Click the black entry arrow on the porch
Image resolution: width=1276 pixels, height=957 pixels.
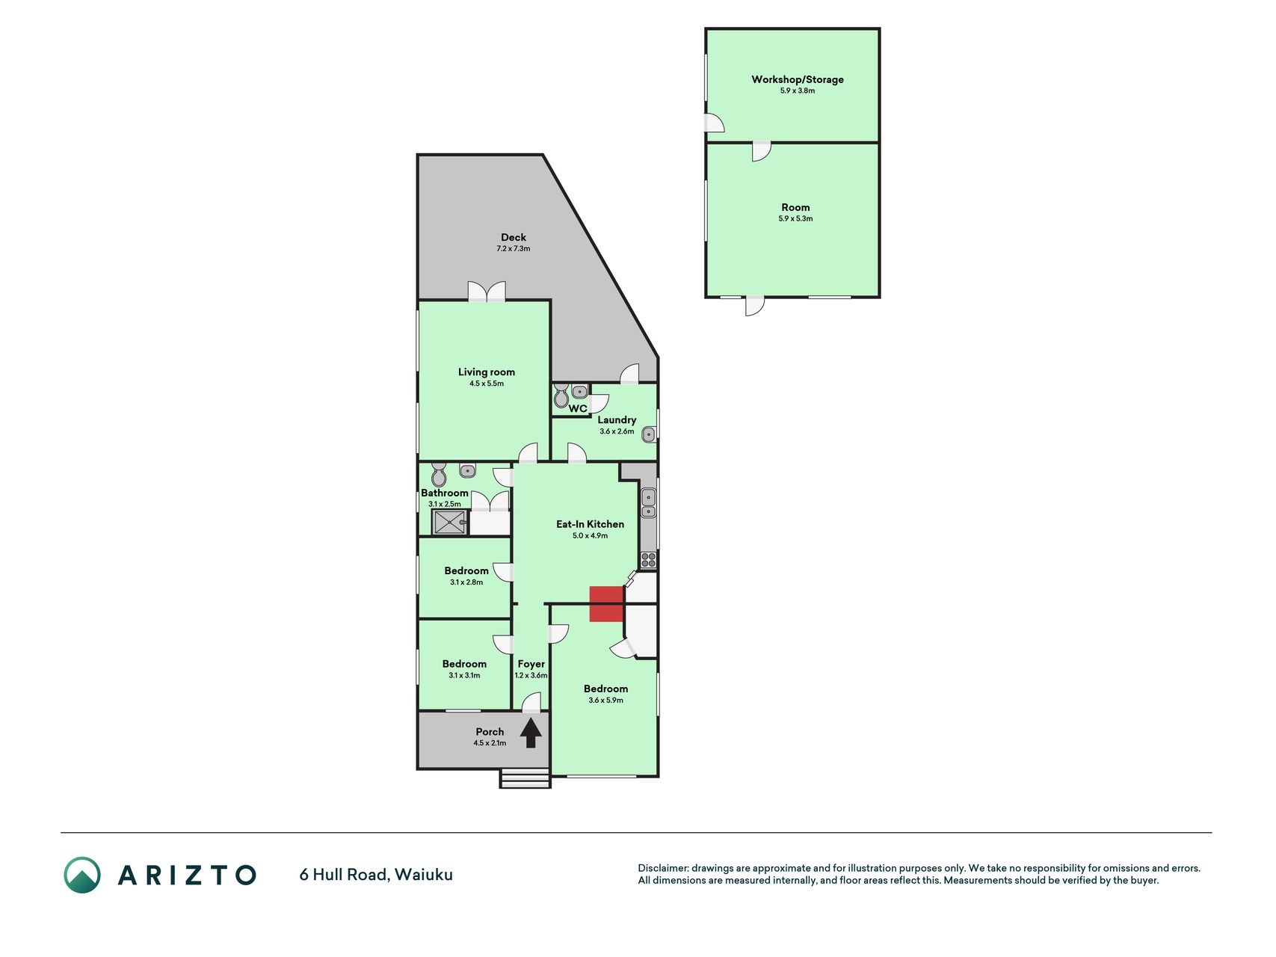click(x=531, y=733)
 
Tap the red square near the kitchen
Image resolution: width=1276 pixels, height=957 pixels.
click(x=606, y=604)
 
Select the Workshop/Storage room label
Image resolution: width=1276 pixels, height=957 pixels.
click(x=798, y=79)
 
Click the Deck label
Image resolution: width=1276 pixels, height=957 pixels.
click(x=514, y=237)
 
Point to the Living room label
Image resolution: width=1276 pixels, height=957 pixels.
click(x=487, y=372)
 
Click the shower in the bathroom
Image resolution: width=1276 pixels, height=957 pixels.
click(x=450, y=522)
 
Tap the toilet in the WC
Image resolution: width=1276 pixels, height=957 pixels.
click(x=561, y=396)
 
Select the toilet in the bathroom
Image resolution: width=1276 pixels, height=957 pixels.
click(x=439, y=474)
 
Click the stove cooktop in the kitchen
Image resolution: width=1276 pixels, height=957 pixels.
click(x=648, y=560)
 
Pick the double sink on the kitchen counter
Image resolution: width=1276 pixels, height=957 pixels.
click(x=648, y=502)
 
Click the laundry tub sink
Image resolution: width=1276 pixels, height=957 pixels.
click(x=649, y=434)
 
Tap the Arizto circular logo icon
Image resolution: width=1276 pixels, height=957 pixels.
click(x=82, y=875)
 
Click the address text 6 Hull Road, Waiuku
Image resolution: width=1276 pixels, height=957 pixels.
click(x=376, y=875)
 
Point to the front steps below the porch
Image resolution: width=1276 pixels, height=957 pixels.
click(x=525, y=778)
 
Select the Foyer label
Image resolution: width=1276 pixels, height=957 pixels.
click(x=531, y=664)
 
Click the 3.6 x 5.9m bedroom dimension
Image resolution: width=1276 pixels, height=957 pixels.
click(x=605, y=701)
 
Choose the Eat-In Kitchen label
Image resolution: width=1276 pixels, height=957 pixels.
click(x=590, y=524)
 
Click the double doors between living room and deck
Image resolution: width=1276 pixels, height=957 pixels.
click(x=487, y=292)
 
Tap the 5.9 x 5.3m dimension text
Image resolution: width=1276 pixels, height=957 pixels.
click(x=795, y=219)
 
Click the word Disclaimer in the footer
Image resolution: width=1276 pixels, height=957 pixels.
click(x=663, y=868)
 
